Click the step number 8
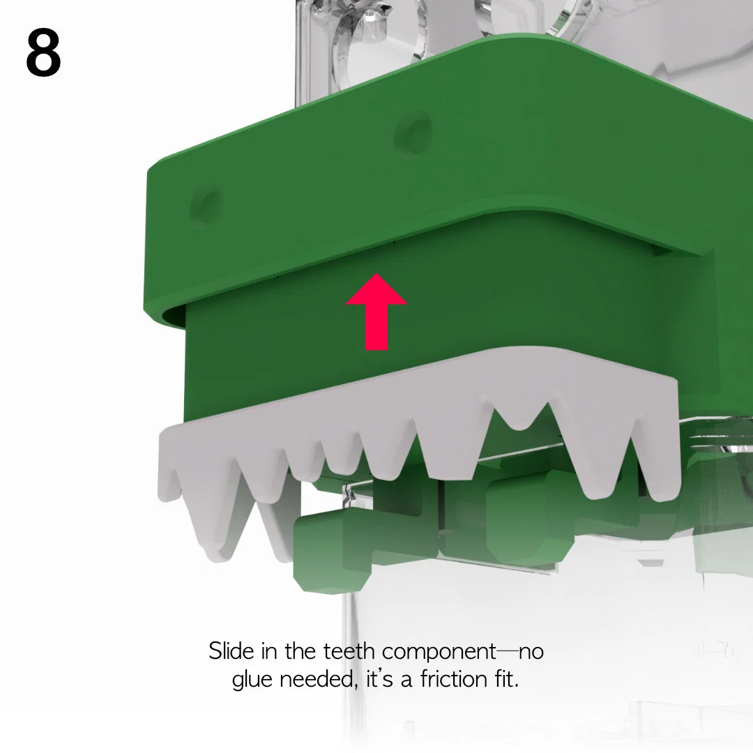point(43,52)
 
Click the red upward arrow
point(376,312)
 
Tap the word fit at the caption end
point(507,679)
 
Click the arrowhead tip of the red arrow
point(377,274)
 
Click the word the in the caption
point(300,651)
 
